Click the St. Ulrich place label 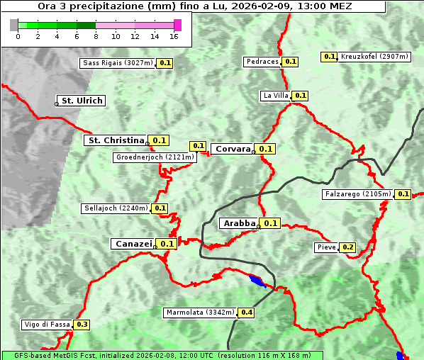[82, 101]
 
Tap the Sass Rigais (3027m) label [117, 63]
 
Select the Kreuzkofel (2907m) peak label [374, 57]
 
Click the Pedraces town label [262, 62]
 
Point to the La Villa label [275, 96]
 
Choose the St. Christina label [115, 140]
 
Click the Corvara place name [233, 149]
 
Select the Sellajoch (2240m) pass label [116, 208]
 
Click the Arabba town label [238, 223]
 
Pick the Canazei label [133, 243]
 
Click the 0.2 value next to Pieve [347, 247]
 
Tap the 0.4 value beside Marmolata [247, 313]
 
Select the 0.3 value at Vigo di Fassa [82, 325]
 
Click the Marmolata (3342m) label [199, 313]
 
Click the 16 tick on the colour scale [174, 36]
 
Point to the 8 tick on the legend [96, 36]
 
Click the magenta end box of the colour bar [177, 25]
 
